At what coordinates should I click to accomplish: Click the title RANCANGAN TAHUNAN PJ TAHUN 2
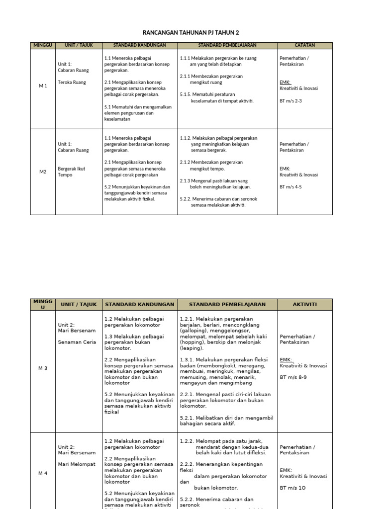[191, 32]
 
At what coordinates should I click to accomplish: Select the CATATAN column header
[304, 45]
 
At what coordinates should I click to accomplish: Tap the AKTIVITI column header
[304, 304]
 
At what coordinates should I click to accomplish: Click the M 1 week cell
[43, 86]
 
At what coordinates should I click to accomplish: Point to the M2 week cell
[43, 172]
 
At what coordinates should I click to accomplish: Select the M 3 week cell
[43, 368]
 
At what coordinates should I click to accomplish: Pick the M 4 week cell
[43, 474]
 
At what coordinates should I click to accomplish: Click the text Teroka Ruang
[72, 83]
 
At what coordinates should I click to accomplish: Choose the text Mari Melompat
[76, 464]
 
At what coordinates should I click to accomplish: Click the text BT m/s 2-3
[291, 100]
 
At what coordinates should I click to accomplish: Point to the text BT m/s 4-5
[291, 187]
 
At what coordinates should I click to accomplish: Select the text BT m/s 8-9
[293, 377]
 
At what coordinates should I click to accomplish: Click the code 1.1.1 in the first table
[185, 58]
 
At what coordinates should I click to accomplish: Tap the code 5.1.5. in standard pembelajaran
[187, 94]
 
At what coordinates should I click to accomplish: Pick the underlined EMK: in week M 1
[285, 83]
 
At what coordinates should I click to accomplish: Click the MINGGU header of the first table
[43, 45]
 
